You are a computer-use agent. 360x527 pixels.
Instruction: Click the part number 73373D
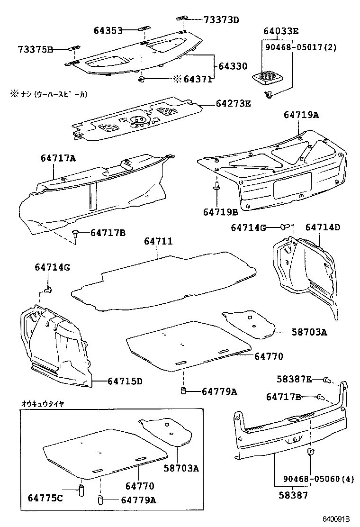(221, 19)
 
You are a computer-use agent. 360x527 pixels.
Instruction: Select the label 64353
(108, 30)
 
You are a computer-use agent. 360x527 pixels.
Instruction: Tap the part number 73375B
(36, 49)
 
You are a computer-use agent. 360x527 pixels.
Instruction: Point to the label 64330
(232, 66)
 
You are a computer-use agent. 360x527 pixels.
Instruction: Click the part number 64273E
(233, 103)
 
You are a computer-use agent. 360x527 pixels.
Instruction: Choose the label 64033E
(281, 32)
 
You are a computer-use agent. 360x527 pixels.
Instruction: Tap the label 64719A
(302, 114)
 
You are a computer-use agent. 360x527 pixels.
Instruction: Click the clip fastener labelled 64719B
(216, 187)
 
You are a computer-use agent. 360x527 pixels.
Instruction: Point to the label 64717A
(58, 158)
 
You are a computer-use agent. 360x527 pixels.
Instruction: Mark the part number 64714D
(323, 227)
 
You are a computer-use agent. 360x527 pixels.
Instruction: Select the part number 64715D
(125, 381)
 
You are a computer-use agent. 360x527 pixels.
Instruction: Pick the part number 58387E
(295, 379)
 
